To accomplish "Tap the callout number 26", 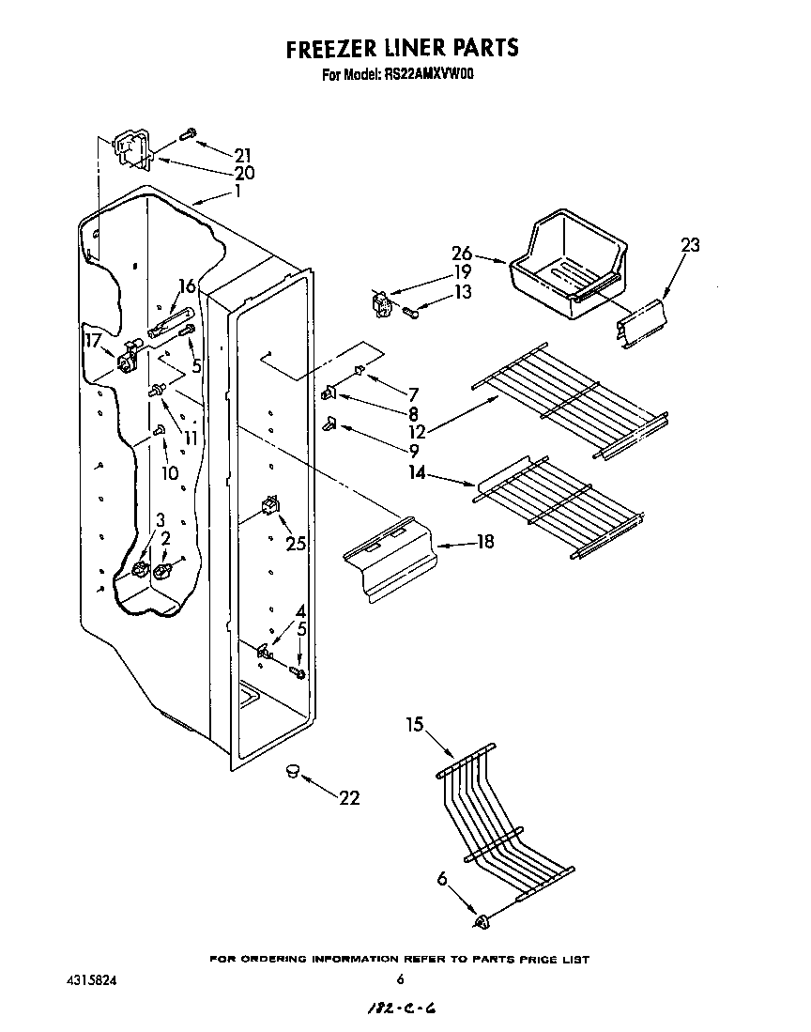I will pyautogui.click(x=462, y=254).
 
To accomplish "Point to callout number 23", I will pyautogui.click(x=690, y=246).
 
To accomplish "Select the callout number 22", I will pyautogui.click(x=348, y=798).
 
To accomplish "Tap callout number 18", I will pyautogui.click(x=484, y=542).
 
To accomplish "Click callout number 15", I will pyautogui.click(x=415, y=725).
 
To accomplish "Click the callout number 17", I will pyautogui.click(x=92, y=340).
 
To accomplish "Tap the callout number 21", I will pyautogui.click(x=243, y=154).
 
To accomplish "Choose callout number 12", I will pyautogui.click(x=418, y=432).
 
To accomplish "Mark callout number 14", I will pyautogui.click(x=417, y=474).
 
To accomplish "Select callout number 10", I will pyautogui.click(x=169, y=473).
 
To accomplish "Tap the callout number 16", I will pyautogui.click(x=187, y=286).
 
